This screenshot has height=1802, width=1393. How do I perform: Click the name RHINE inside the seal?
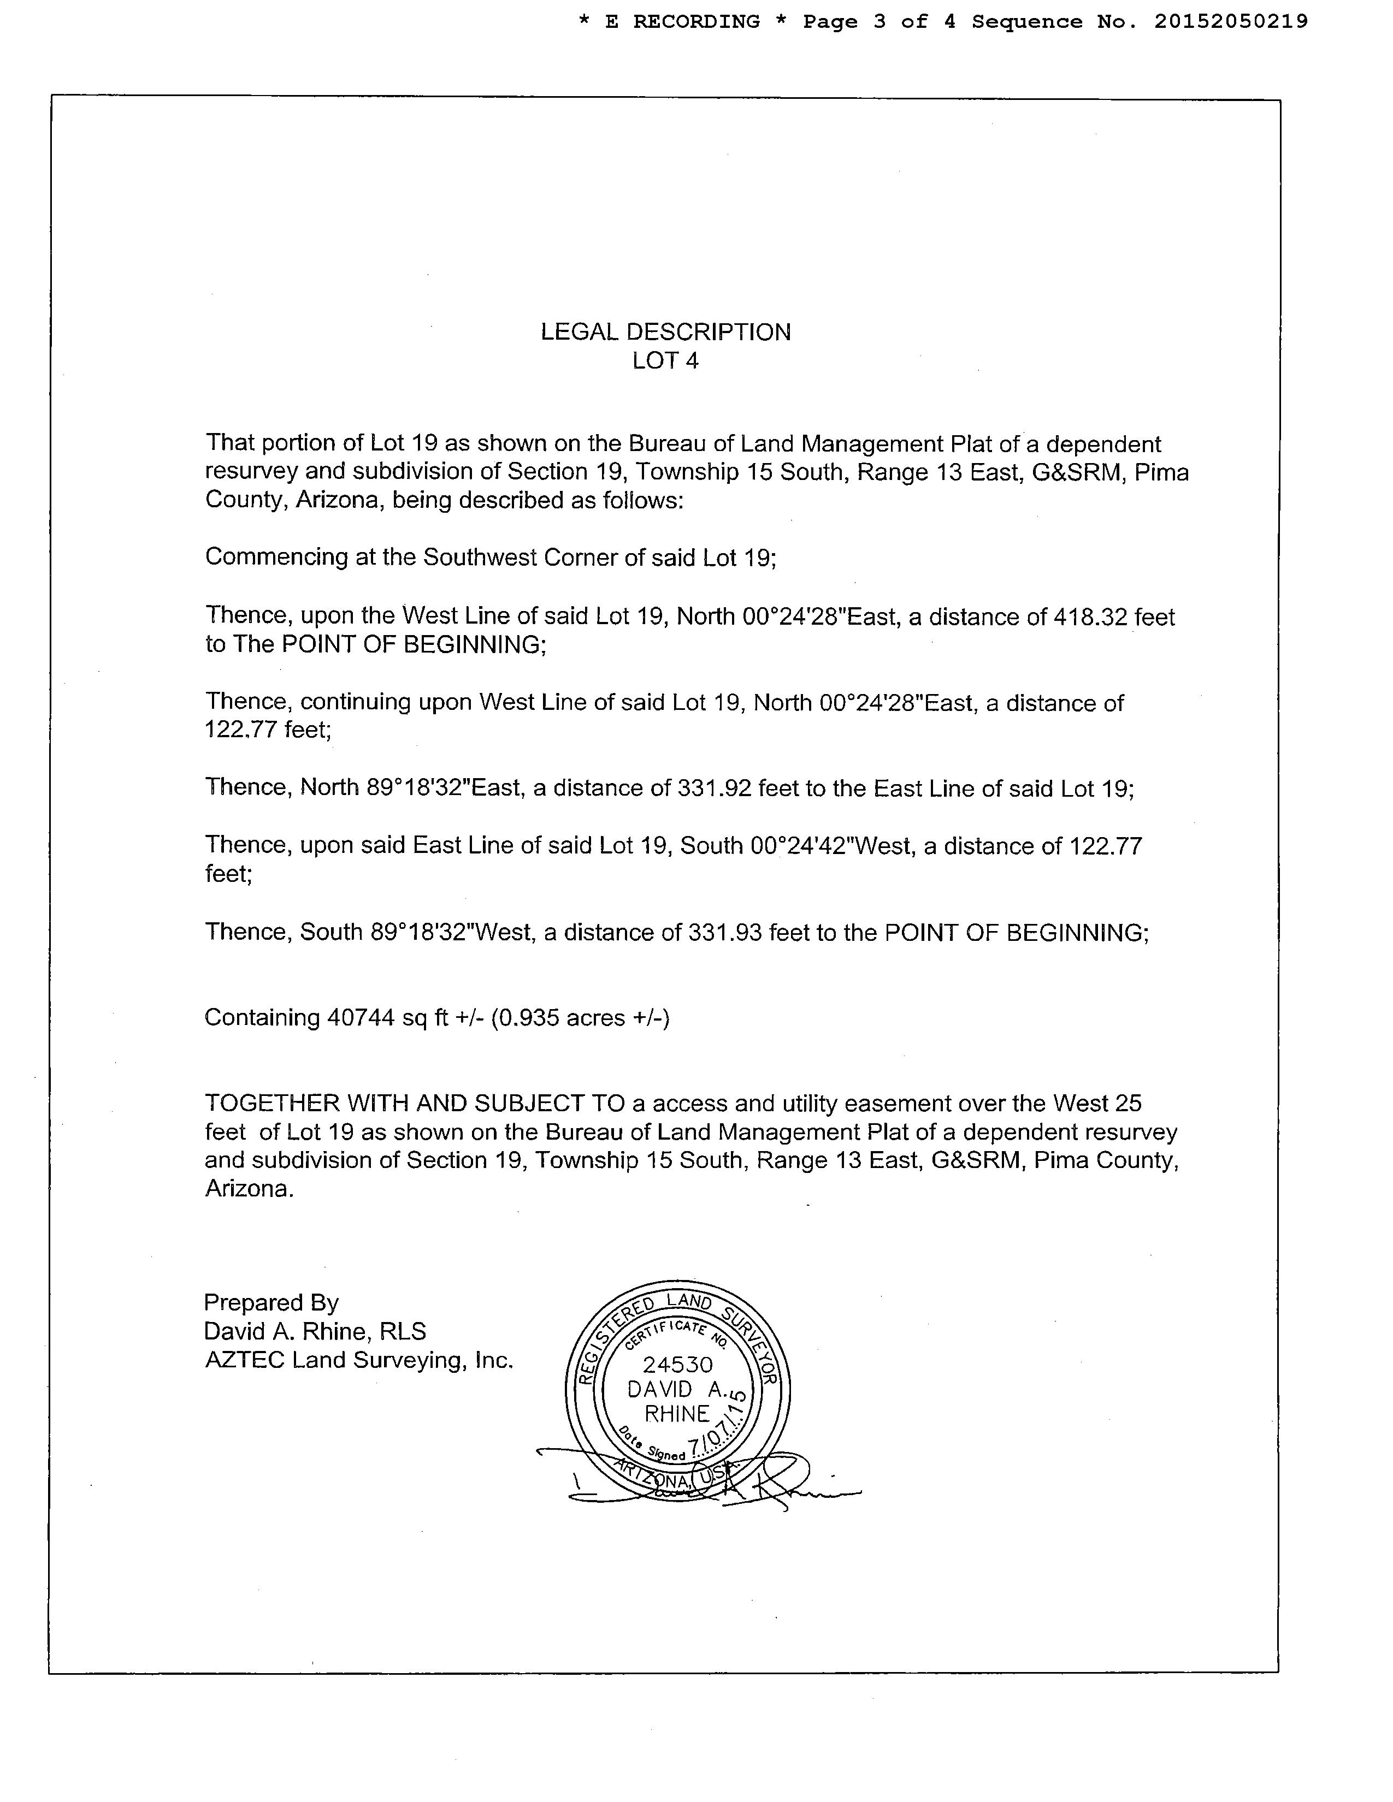677,1414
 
